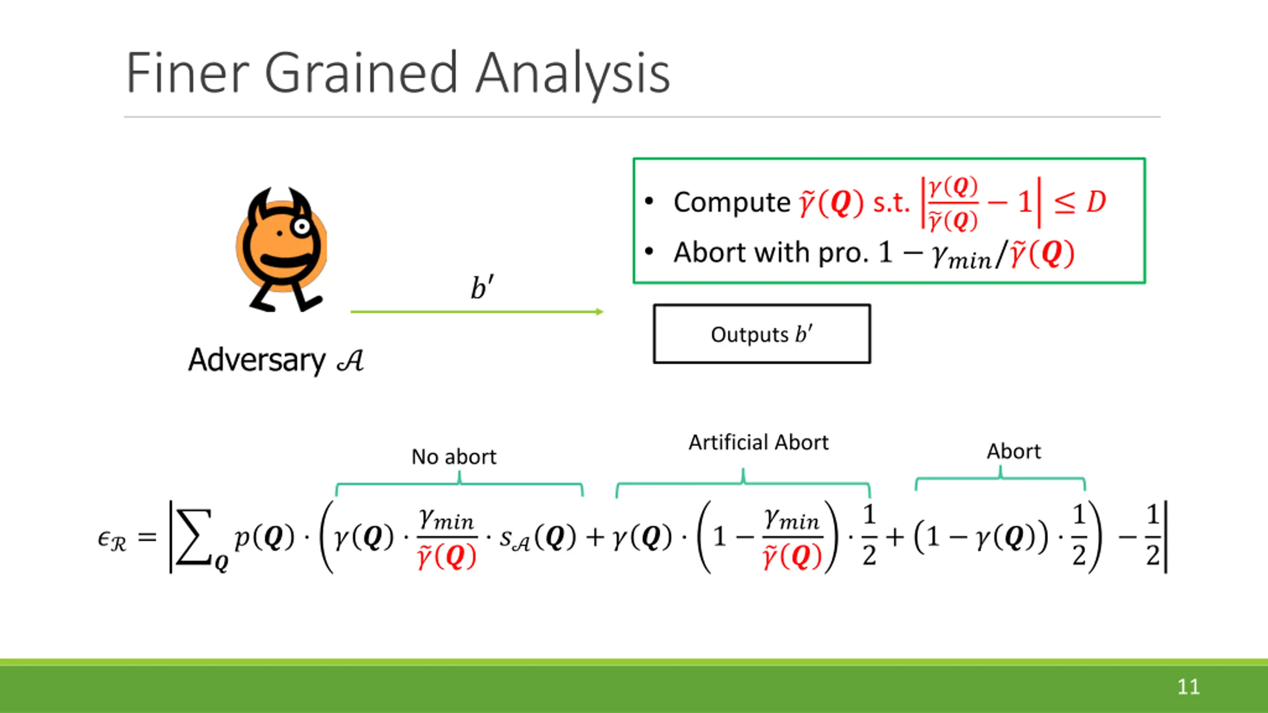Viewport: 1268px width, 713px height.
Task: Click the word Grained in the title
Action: [360, 73]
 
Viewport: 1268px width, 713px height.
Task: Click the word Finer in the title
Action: [188, 73]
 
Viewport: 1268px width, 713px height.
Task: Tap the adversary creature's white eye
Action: [301, 227]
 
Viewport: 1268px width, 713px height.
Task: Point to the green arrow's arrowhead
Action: [599, 311]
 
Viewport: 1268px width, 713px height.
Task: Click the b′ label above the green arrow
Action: [481, 287]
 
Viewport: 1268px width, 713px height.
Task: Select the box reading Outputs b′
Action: [762, 334]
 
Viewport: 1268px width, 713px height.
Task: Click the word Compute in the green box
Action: [732, 203]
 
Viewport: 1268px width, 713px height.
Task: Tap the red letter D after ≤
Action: [1096, 202]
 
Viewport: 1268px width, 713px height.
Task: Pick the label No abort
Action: [454, 457]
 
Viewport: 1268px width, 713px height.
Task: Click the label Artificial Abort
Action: [758, 442]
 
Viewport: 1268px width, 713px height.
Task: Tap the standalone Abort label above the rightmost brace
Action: [1014, 452]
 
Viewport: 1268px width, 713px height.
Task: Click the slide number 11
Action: [1188, 687]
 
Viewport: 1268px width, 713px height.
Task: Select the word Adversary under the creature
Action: [257, 360]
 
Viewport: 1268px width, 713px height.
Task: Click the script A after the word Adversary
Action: [350, 360]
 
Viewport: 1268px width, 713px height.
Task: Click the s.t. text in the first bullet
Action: [892, 203]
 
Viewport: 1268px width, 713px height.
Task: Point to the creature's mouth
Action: [286, 260]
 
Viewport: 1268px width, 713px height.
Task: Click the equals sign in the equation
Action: [147, 537]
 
